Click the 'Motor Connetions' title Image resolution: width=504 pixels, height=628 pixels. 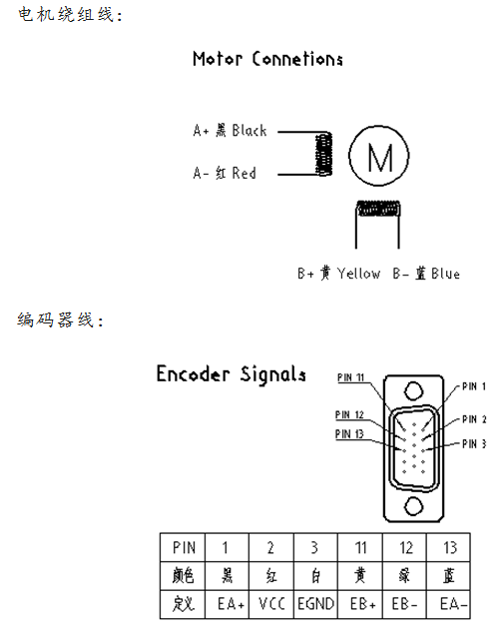point(267,59)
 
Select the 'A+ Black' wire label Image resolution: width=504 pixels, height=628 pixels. point(230,131)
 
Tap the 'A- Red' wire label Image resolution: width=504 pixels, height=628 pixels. point(225,173)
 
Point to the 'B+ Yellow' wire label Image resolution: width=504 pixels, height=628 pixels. point(338,274)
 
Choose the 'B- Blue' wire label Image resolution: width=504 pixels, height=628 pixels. point(426,274)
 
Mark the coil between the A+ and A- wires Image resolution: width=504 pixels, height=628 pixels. point(323,154)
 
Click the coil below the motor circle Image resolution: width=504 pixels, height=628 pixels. point(378,209)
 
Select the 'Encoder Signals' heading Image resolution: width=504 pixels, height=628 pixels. point(231,374)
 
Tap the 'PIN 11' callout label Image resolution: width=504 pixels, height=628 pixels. point(350,377)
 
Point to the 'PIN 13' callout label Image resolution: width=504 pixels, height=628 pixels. point(349,433)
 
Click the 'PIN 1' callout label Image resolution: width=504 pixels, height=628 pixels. point(474,386)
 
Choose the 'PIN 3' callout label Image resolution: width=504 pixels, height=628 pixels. point(474,443)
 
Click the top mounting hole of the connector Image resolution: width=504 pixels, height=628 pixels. point(413,391)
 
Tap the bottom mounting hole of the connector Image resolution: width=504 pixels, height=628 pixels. point(413,506)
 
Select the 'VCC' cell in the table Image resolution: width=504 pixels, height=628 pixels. point(271,604)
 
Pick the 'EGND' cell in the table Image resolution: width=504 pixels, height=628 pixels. point(315,604)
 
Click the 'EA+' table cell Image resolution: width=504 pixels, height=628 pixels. point(227,604)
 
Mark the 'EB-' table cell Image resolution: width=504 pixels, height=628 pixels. point(404,604)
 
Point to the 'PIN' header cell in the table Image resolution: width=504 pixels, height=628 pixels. point(183,547)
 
